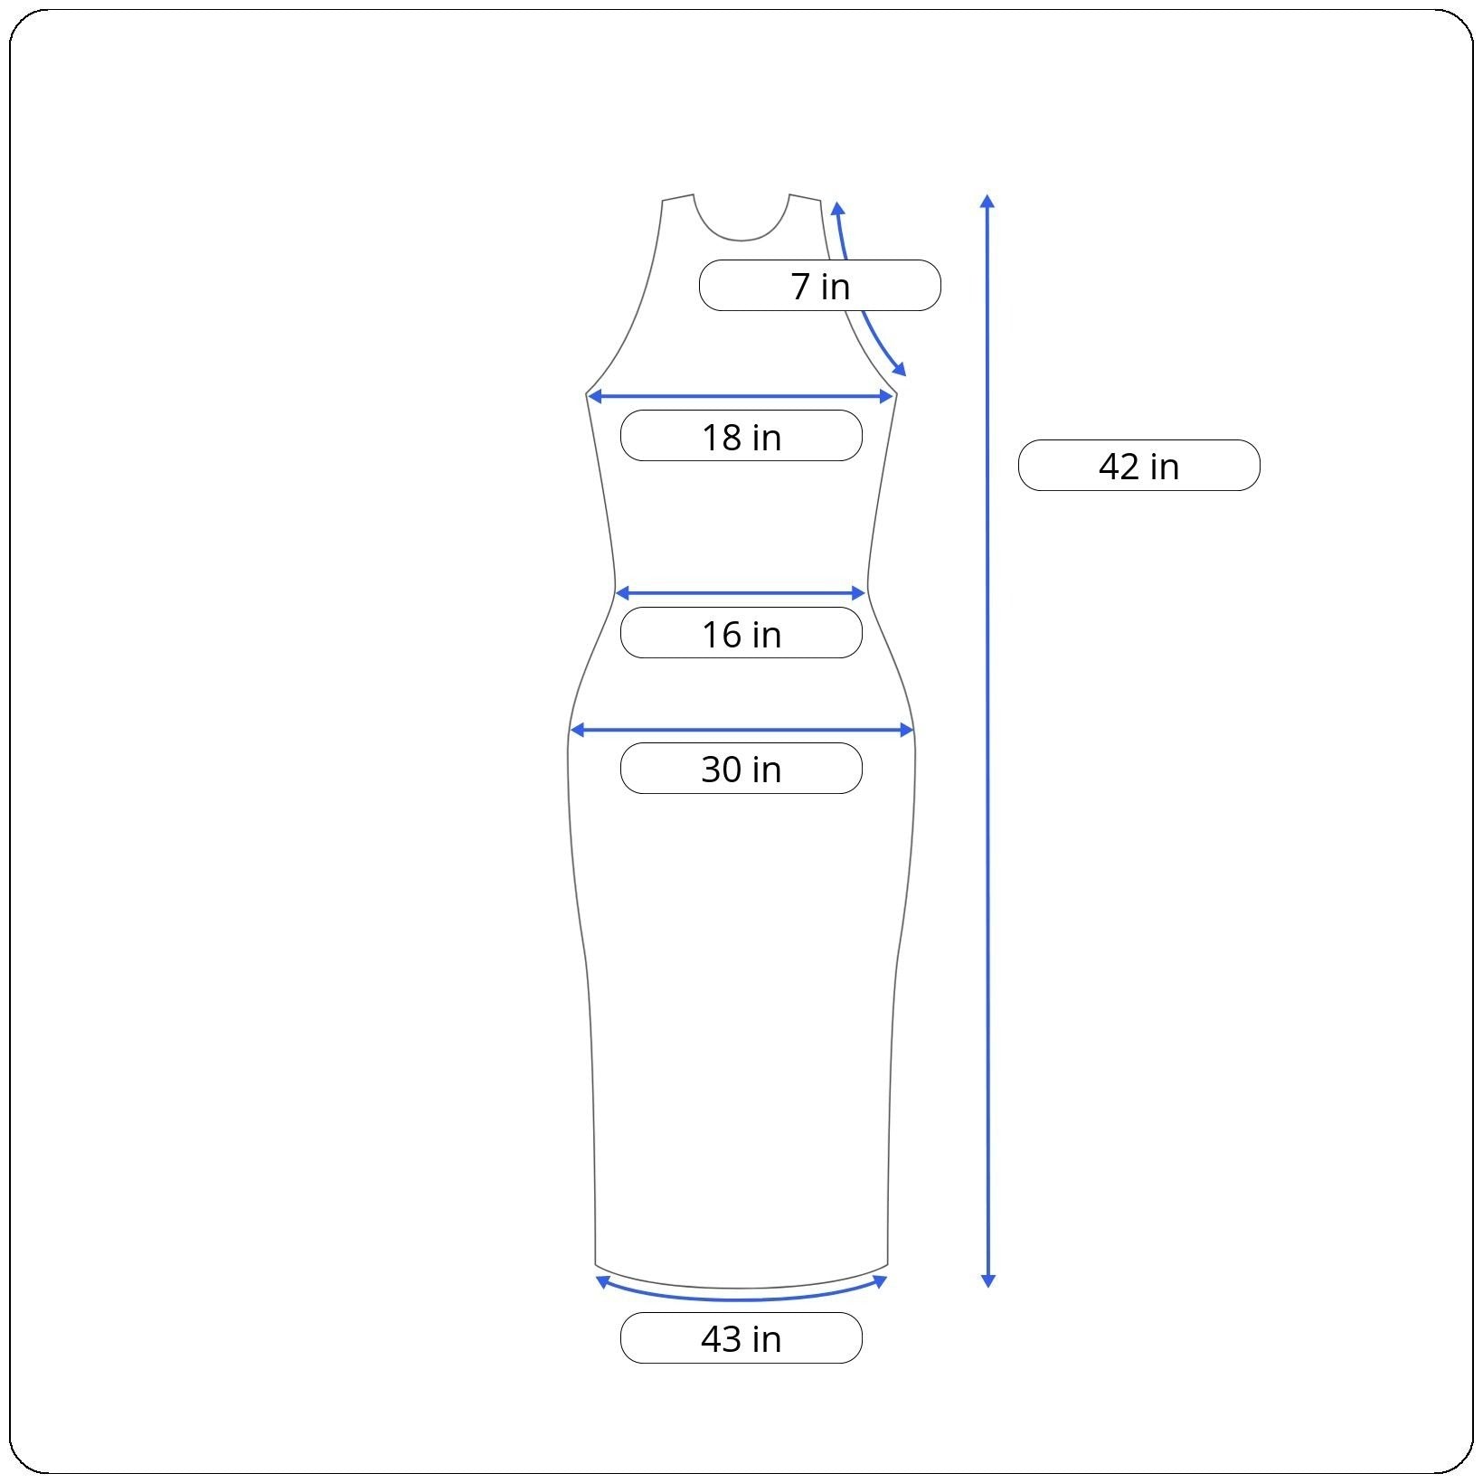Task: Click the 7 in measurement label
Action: pos(820,286)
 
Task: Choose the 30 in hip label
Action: pos(741,769)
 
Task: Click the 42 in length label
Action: pos(1139,466)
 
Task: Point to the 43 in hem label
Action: pos(741,1338)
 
